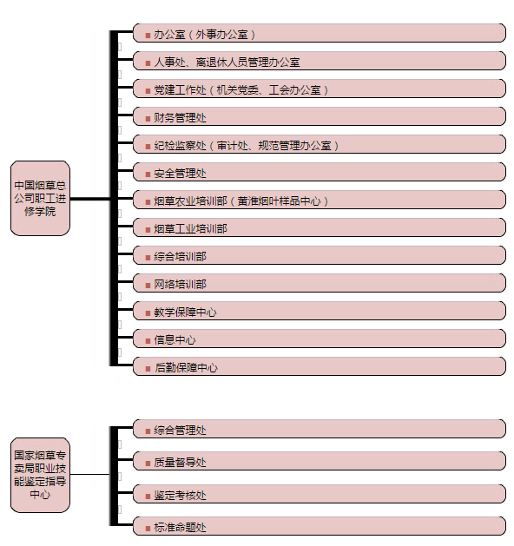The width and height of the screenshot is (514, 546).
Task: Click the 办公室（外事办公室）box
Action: pyautogui.click(x=319, y=33)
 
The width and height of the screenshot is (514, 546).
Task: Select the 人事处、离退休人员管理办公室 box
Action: pyautogui.click(x=319, y=61)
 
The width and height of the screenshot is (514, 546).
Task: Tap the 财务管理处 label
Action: pyautogui.click(x=180, y=118)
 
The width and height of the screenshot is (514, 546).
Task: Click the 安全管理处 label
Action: pyautogui.click(x=180, y=174)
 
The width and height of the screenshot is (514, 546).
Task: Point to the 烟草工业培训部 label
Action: pyautogui.click(x=190, y=229)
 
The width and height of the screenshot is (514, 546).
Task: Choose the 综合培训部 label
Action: pyautogui.click(x=180, y=257)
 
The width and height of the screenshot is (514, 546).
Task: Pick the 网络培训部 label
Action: pyautogui.click(x=180, y=285)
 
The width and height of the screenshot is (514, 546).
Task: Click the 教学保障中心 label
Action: pyautogui.click(x=185, y=312)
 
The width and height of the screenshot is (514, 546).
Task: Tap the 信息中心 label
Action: pyautogui.click(x=175, y=340)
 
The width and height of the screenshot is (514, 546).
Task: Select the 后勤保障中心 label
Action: pyautogui.click(x=186, y=368)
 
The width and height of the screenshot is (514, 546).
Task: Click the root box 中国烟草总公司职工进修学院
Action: pyautogui.click(x=41, y=198)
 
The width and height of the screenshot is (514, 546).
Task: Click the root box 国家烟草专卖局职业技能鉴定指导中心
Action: pyautogui.click(x=41, y=475)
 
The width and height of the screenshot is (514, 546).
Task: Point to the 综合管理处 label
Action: pyautogui.click(x=180, y=431)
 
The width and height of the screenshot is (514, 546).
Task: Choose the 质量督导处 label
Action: pyautogui.click(x=180, y=463)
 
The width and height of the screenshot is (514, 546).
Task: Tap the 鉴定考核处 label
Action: pyautogui.click(x=180, y=495)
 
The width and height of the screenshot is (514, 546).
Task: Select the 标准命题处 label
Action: pyautogui.click(x=180, y=528)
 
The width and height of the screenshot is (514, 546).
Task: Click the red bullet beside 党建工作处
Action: pyautogui.click(x=148, y=91)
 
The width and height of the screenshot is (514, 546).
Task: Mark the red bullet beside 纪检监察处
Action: pyautogui.click(x=148, y=147)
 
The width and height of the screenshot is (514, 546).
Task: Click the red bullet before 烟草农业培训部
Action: pyautogui.click(x=148, y=202)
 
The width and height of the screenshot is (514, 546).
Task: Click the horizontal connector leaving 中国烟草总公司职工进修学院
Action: pyautogui.click(x=90, y=199)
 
